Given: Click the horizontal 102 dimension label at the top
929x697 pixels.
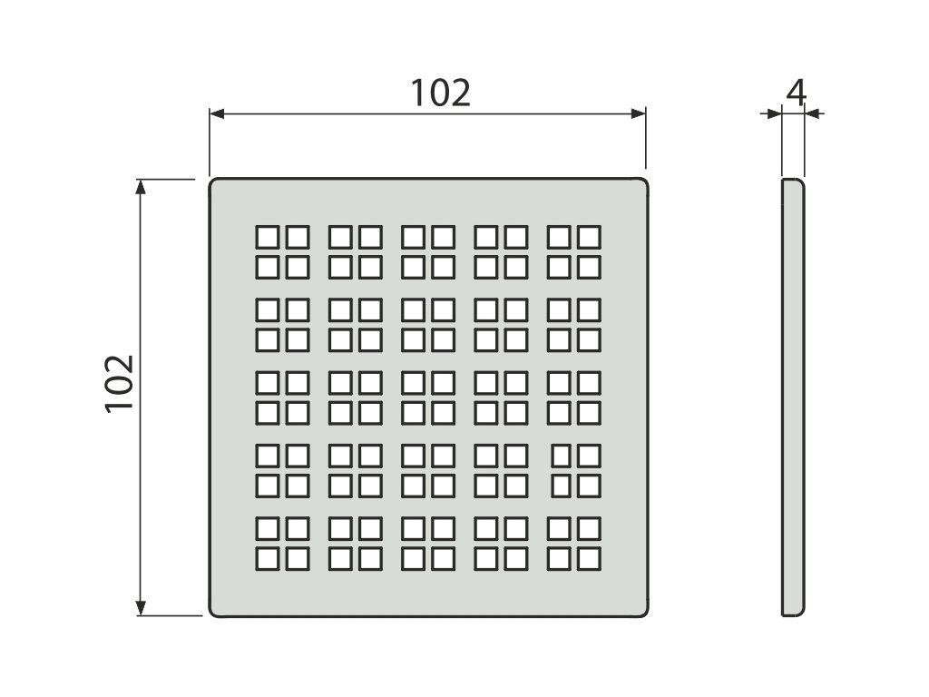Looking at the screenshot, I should (x=441, y=93).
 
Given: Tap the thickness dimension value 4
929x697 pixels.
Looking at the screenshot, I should (x=796, y=93).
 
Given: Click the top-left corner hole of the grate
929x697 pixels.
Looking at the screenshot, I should (x=268, y=238).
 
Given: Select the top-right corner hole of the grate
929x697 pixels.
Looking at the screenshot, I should (x=590, y=238).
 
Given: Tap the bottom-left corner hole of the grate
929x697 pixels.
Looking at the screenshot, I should (x=268, y=558).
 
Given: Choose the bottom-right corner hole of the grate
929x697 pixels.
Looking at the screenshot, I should (x=590, y=558).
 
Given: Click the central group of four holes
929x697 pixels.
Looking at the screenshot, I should (x=428, y=398).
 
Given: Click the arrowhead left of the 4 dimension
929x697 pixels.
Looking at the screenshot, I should (x=774, y=113).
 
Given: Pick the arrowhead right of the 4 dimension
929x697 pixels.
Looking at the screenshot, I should (x=812, y=113).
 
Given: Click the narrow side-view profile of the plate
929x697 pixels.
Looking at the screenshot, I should (x=793, y=398).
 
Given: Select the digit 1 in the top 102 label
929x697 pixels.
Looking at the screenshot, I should (x=419, y=93).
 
